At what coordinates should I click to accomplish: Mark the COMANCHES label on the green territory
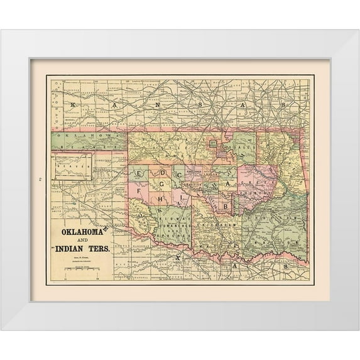coord(172,224)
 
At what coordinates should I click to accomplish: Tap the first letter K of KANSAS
coord(72,104)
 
